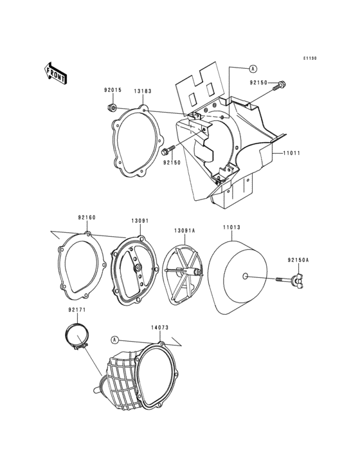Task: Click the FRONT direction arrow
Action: (56, 73)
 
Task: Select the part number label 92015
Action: (113, 91)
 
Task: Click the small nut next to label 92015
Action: (113, 107)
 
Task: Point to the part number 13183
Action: (143, 91)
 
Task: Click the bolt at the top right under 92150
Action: (282, 84)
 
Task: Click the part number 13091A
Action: (184, 230)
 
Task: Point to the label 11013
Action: (231, 227)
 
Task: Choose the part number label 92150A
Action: (298, 260)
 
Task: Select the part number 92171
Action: (77, 311)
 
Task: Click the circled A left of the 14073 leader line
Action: (114, 338)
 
